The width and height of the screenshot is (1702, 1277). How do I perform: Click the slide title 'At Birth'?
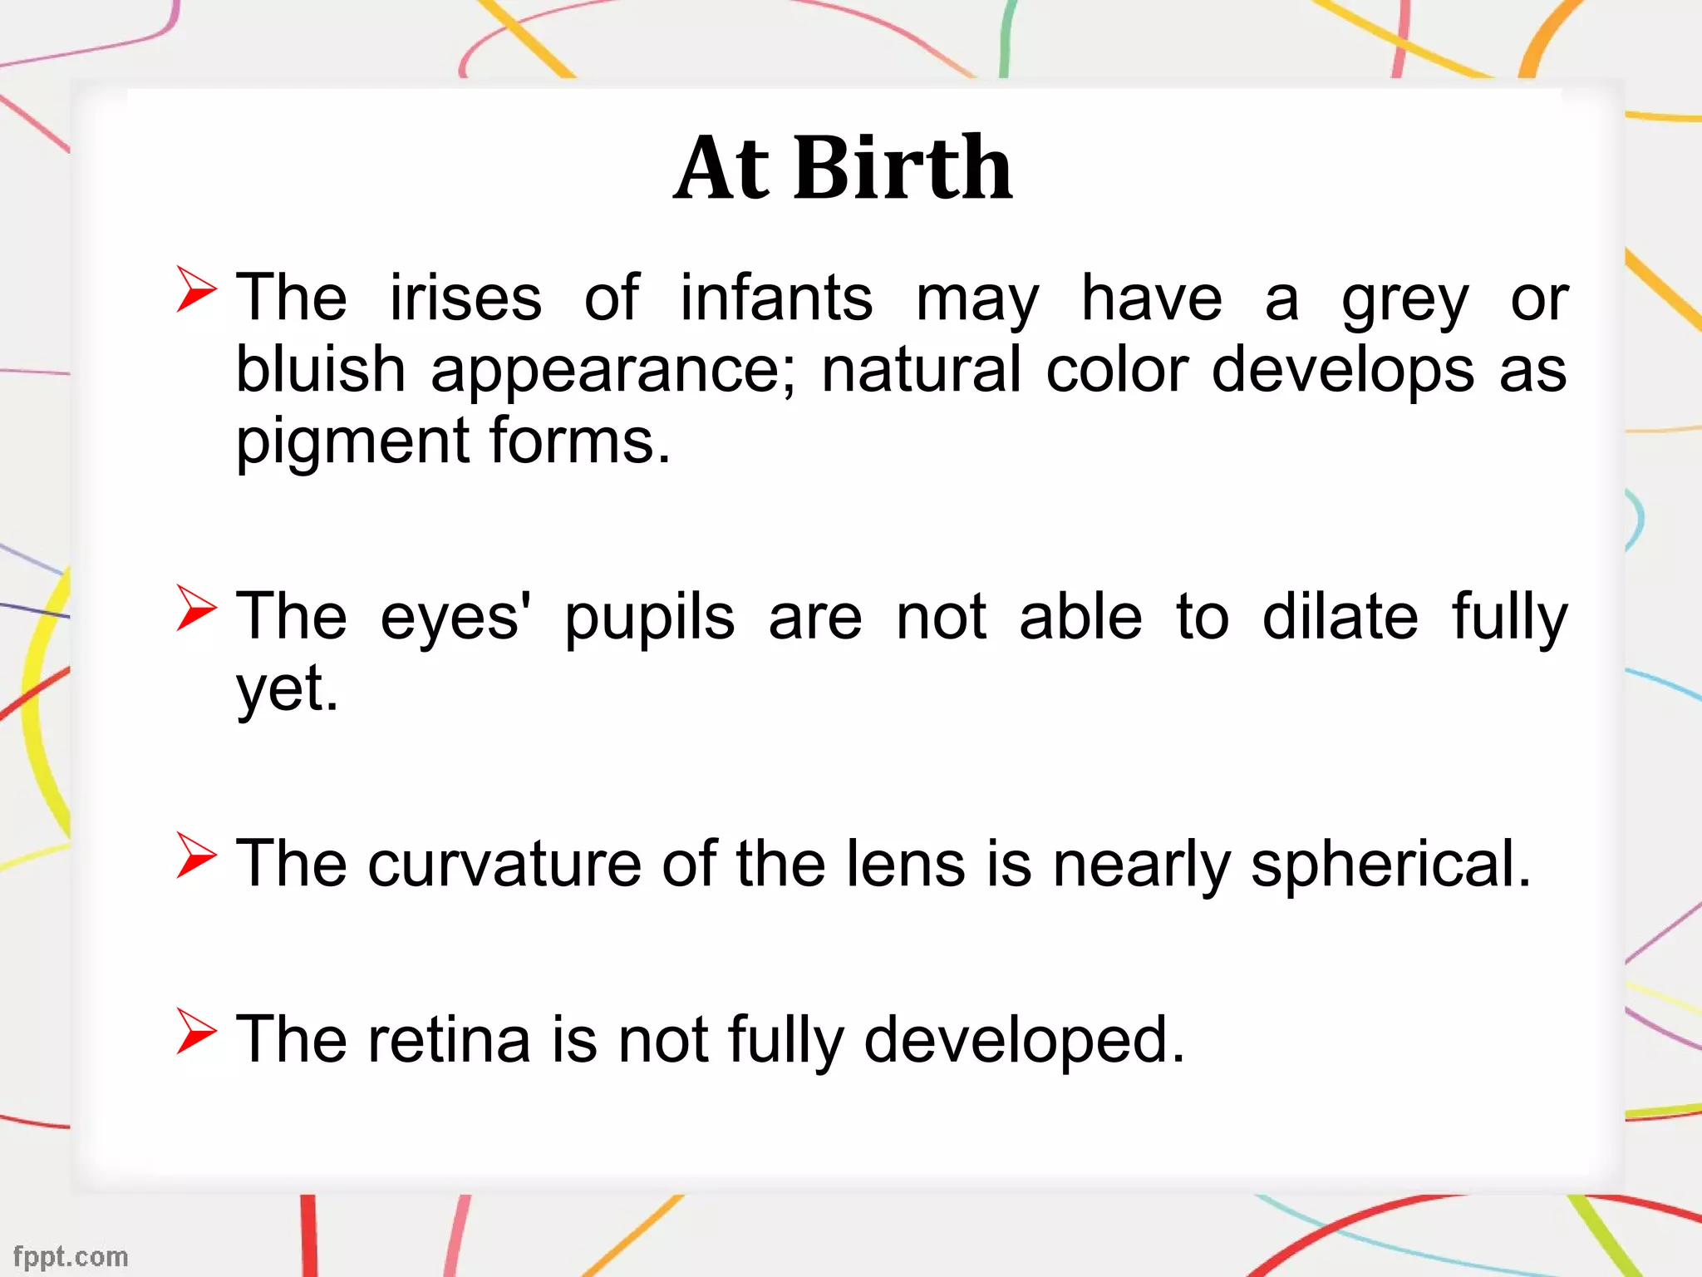click(x=843, y=169)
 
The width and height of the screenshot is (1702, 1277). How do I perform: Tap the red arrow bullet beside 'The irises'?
click(x=196, y=289)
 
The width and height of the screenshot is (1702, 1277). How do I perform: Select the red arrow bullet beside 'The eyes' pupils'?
click(x=196, y=608)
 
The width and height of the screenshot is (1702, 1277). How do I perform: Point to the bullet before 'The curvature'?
click(x=196, y=855)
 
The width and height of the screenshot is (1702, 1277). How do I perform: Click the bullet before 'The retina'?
click(x=196, y=1032)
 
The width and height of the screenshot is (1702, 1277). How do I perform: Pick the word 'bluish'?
click(x=321, y=369)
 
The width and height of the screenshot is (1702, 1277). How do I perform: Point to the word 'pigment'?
click(x=353, y=442)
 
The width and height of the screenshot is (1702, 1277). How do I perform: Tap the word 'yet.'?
click(x=288, y=690)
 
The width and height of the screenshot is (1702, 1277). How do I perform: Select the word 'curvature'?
click(x=504, y=865)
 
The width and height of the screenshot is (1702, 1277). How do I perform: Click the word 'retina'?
click(x=449, y=1040)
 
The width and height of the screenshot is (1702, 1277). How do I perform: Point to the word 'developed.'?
click(x=1024, y=1042)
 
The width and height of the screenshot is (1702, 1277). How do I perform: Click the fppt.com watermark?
click(x=71, y=1257)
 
